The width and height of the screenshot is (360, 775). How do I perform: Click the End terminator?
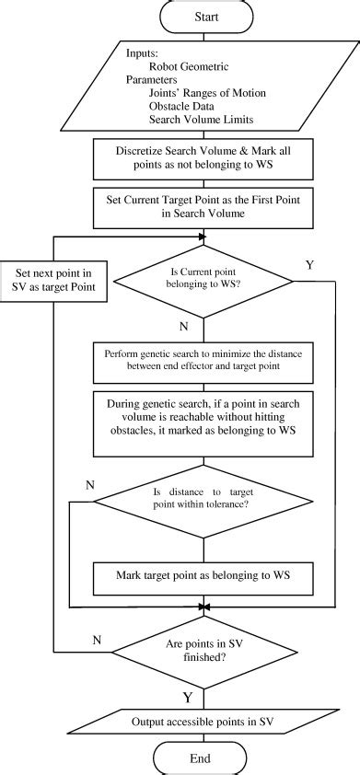(200, 758)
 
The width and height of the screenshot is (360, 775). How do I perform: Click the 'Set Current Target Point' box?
(200, 208)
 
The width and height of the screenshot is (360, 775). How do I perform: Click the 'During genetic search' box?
(200, 422)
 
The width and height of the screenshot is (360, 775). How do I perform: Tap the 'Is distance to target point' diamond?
(200, 504)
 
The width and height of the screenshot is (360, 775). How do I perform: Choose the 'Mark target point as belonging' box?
(200, 576)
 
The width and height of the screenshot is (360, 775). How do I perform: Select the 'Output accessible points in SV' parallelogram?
(200, 723)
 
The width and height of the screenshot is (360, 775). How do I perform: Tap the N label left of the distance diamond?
(89, 484)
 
